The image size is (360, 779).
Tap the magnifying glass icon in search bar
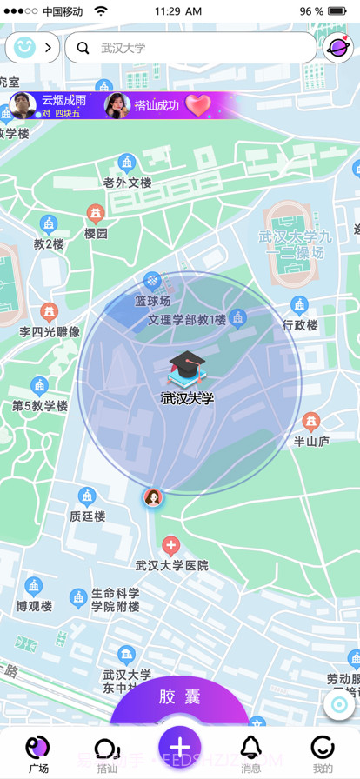click(x=83, y=48)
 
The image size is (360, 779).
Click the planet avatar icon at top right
click(x=337, y=48)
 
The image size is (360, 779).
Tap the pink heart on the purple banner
click(x=199, y=105)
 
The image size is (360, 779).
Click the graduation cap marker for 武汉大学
click(x=185, y=370)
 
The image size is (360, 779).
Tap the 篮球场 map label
click(x=152, y=301)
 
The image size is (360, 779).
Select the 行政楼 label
click(x=300, y=325)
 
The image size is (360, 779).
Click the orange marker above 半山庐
click(x=311, y=422)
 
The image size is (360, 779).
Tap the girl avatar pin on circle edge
click(x=153, y=498)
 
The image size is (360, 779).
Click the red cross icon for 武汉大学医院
click(x=171, y=546)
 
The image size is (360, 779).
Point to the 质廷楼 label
click(x=88, y=516)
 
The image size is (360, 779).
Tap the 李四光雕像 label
click(x=50, y=331)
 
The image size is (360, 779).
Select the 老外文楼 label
click(x=128, y=183)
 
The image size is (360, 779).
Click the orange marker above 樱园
click(x=96, y=213)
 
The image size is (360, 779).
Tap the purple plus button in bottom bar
click(x=180, y=748)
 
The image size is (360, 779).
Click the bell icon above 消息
click(x=251, y=746)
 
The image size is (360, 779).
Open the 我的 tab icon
click(x=323, y=746)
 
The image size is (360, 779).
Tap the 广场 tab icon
click(x=37, y=746)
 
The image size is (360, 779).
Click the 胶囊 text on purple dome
click(x=180, y=697)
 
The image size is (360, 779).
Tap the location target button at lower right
click(x=339, y=704)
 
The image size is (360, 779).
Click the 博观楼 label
click(x=34, y=605)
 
